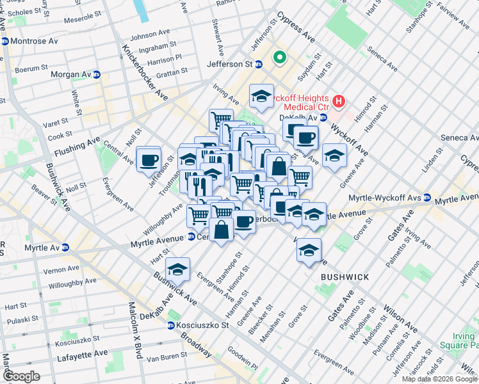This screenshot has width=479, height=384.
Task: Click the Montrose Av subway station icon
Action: pyautogui.click(x=4, y=41)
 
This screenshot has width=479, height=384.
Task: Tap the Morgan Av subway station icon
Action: pyautogui.click(x=96, y=75)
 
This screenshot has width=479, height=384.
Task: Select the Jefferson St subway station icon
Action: pyautogui.click(x=259, y=64)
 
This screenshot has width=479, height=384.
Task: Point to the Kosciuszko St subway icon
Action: pyautogui.click(x=171, y=325)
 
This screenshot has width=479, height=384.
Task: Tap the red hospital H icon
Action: pyautogui.click(x=339, y=100)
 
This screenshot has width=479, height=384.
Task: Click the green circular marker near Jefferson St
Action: pyautogui.click(x=279, y=58)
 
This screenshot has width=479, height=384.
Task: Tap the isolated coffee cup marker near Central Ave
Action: pyautogui.click(x=149, y=160)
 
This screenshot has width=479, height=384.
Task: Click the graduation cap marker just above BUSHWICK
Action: pyautogui.click(x=309, y=250)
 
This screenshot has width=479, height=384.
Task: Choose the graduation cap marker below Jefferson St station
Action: pyautogui.click(x=261, y=96)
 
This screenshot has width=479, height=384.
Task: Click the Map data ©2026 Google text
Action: pyautogui.click(x=439, y=379)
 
